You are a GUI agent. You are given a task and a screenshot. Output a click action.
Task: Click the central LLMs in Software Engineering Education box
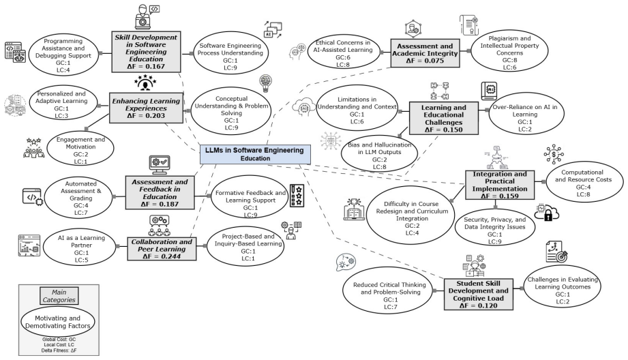[x=255, y=154]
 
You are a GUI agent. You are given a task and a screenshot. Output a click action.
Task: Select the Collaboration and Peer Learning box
[x=162, y=249]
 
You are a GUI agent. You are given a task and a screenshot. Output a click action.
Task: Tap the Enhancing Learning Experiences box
[x=146, y=108]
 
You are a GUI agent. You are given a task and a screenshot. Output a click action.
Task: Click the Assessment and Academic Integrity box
[x=425, y=53]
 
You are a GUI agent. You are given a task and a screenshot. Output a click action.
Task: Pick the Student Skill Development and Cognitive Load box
[x=478, y=295]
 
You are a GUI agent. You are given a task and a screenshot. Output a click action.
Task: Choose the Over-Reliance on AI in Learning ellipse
[x=526, y=114]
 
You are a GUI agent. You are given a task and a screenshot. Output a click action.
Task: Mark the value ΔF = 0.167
[x=146, y=66]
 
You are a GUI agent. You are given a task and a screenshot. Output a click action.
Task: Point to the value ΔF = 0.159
[x=500, y=196]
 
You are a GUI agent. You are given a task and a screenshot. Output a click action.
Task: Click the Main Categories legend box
[x=59, y=296]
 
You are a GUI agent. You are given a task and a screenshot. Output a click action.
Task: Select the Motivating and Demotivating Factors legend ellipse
[x=58, y=322]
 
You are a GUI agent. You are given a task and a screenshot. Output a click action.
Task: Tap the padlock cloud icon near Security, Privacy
[x=547, y=212]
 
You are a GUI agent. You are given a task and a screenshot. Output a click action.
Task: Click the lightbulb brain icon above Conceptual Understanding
[x=265, y=83]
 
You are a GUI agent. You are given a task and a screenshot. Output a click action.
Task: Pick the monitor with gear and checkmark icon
[x=160, y=164]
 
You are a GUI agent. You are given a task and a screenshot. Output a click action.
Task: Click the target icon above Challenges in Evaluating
[x=556, y=252]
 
